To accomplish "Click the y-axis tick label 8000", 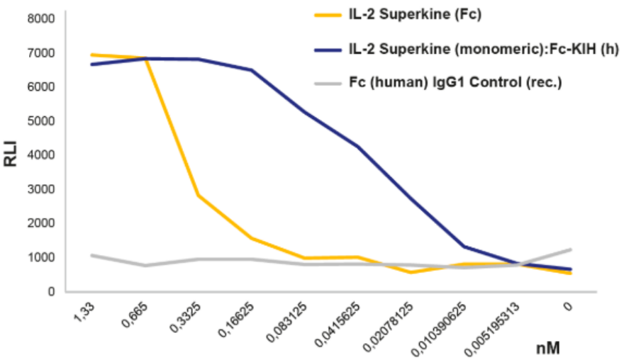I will (x=41, y=19).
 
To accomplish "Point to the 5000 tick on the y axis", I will (x=41, y=121).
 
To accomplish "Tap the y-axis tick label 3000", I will (x=41, y=189).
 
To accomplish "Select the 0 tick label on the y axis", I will (x=51, y=291).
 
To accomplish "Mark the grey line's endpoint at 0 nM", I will (x=571, y=249).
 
